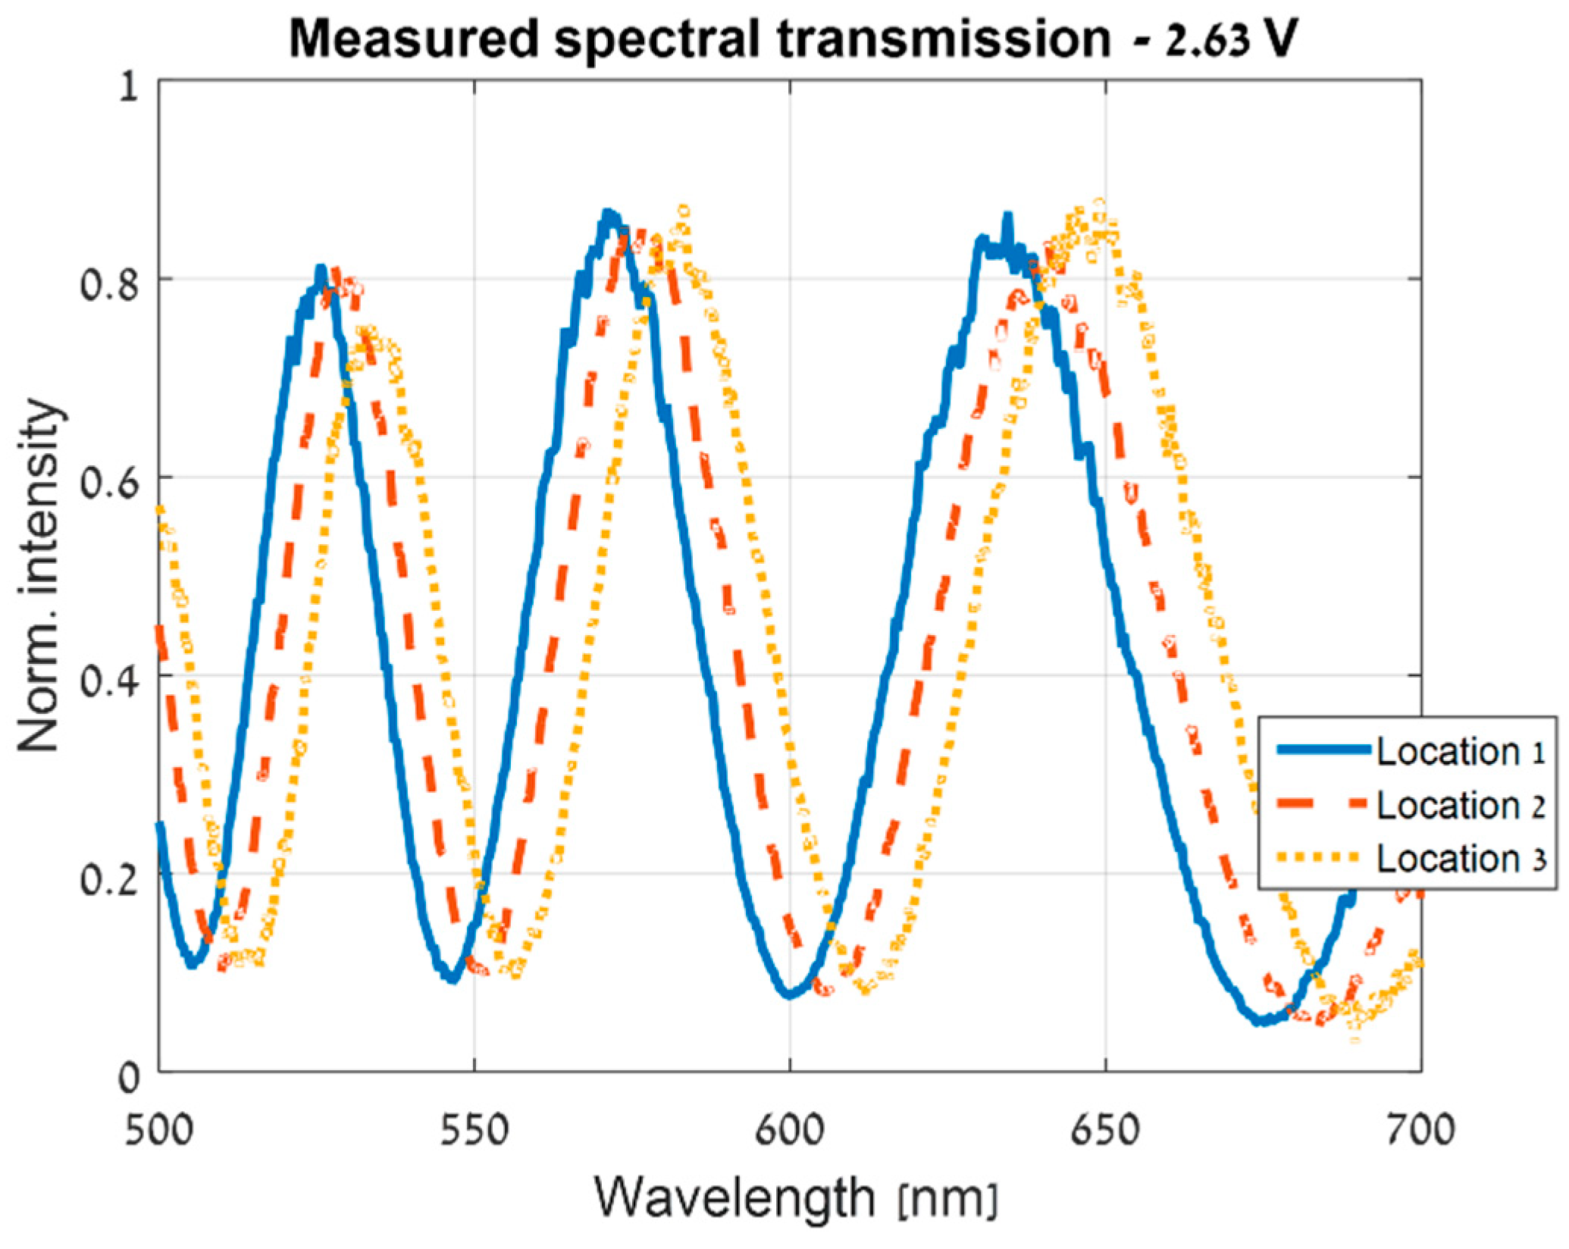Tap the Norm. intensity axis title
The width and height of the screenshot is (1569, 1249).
pyautogui.click(x=39, y=576)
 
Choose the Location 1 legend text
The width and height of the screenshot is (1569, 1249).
pyautogui.click(x=1460, y=752)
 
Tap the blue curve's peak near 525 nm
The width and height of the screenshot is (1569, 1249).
pyautogui.click(x=321, y=269)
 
